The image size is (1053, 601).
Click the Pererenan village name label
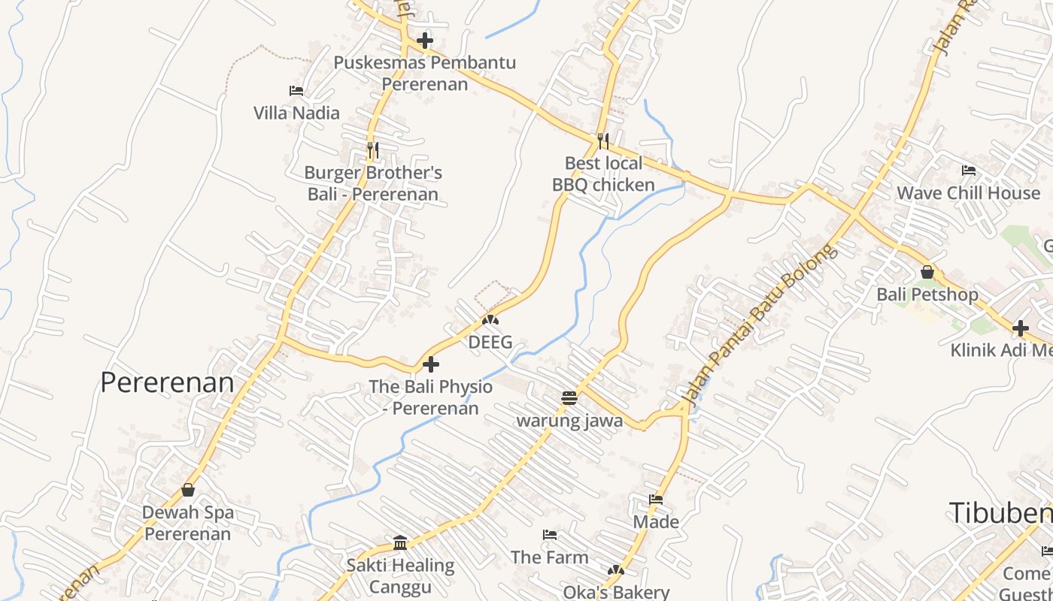click(167, 383)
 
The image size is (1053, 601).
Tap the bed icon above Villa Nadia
click(296, 91)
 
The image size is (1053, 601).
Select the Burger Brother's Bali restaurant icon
click(372, 149)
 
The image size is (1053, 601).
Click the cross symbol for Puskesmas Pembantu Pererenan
click(425, 41)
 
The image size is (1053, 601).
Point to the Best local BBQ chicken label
click(603, 174)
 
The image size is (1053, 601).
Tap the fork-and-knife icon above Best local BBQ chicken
click(603, 140)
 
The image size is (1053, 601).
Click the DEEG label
click(490, 343)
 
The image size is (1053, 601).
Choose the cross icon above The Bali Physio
click(431, 364)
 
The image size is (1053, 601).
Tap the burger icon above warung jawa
click(569, 397)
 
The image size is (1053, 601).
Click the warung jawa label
click(569, 421)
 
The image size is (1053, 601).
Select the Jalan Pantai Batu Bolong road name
click(760, 322)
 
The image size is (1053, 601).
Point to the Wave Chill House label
click(969, 193)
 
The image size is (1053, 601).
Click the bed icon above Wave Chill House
click(969, 171)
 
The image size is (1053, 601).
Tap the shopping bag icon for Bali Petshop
click(927, 272)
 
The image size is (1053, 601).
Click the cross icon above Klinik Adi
click(1021, 328)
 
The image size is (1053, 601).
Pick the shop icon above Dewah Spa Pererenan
click(188, 491)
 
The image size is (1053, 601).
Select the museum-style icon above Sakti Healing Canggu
click(400, 542)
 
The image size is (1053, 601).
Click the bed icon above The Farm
click(550, 535)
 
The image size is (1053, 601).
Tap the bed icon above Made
click(656, 499)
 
